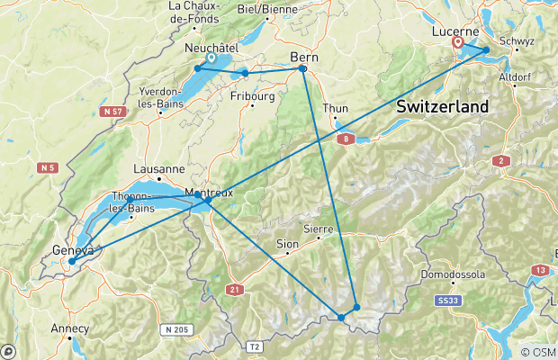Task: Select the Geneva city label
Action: [x=71, y=250]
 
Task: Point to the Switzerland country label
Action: [x=442, y=106]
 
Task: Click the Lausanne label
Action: [x=158, y=168]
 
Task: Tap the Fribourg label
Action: [x=252, y=95]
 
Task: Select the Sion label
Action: [x=286, y=244]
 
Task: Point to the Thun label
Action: [x=335, y=108]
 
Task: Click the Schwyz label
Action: [x=523, y=41]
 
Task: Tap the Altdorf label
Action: [x=516, y=77]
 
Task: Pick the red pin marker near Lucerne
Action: [x=458, y=41]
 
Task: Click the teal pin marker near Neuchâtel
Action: [x=210, y=58]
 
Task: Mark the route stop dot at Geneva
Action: [x=71, y=262]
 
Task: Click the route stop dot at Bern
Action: [x=302, y=68]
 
